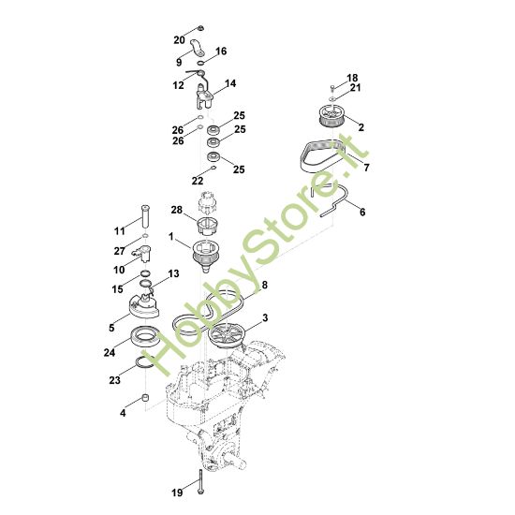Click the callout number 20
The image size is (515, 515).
point(180,39)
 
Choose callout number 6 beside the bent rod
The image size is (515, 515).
point(361,213)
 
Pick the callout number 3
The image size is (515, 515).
point(265,319)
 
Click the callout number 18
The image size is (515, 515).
point(352,78)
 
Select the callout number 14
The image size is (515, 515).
point(230,84)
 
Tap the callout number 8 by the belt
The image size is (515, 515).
point(265,285)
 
